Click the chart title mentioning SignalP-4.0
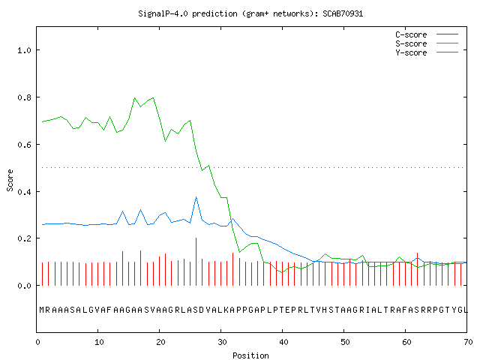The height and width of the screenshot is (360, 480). click(x=250, y=13)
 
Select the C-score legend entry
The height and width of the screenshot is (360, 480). click(x=427, y=34)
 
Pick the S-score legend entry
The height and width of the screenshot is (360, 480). click(x=427, y=43)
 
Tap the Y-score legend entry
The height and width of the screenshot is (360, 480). click(x=427, y=52)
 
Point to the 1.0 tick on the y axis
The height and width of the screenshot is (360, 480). click(x=24, y=50)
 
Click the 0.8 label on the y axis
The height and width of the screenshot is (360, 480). click(x=24, y=97)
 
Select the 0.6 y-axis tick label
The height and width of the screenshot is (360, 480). click(x=24, y=145)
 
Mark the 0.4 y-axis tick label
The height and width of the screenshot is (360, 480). click(x=24, y=192)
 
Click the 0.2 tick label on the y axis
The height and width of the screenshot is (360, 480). click(x=24, y=238)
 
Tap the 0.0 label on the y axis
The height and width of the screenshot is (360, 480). click(x=24, y=286)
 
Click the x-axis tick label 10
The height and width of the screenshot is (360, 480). click(x=99, y=342)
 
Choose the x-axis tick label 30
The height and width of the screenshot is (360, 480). click(x=222, y=342)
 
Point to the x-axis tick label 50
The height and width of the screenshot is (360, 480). click(x=345, y=342)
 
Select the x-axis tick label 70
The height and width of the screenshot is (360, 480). click(x=468, y=342)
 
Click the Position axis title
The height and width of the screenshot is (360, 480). click(x=250, y=355)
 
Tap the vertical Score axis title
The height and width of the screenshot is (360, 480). click(x=10, y=181)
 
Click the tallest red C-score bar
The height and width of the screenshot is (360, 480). click(x=196, y=262)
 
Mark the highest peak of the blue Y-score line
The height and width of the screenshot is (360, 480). click(x=196, y=196)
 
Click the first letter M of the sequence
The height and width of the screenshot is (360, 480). click(x=42, y=310)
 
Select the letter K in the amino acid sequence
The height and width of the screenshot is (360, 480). click(x=226, y=310)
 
